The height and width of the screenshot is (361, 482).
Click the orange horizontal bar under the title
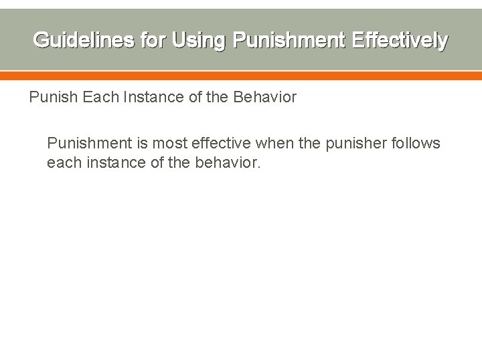241,76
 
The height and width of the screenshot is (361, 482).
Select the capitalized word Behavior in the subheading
264,98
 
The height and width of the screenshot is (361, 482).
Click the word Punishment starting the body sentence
90,144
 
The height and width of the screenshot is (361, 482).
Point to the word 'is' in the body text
144,144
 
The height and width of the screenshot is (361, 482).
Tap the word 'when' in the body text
272,144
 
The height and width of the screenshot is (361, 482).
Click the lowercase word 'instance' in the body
113,162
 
